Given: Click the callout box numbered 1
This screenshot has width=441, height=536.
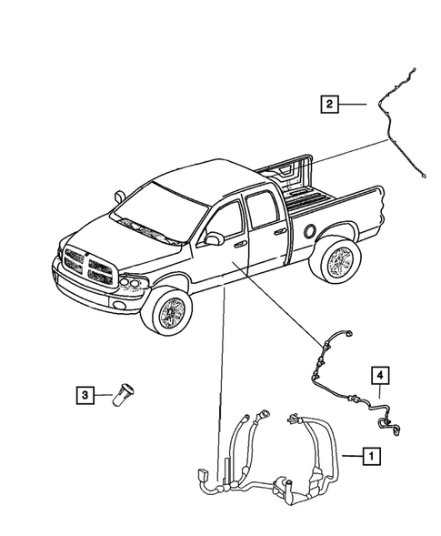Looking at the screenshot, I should pos(369,453).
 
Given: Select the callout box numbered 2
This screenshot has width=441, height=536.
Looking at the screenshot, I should pos(327,105).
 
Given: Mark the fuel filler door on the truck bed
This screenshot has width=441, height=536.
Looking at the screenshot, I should pos(313,232).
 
